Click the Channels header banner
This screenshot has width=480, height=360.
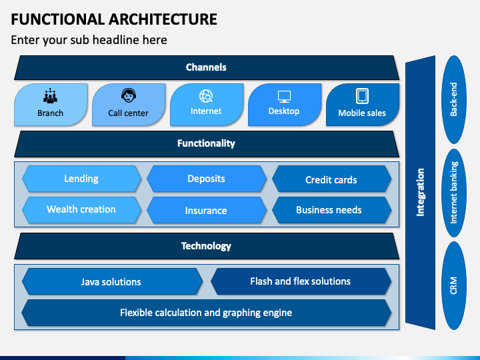click(207, 67)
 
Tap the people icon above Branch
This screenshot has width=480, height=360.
click(50, 95)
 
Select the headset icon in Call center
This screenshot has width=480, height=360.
click(129, 95)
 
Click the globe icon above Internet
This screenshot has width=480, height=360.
click(206, 96)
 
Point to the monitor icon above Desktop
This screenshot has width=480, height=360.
click(284, 97)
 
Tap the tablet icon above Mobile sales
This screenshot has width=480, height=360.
click(362, 96)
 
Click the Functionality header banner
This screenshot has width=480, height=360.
click(207, 144)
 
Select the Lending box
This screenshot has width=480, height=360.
click(81, 179)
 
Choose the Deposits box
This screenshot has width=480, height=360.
click(206, 179)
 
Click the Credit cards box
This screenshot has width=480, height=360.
click(331, 179)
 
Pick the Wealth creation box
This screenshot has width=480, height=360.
click(81, 210)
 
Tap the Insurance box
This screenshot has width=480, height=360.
click(206, 210)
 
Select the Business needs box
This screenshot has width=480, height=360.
click(331, 210)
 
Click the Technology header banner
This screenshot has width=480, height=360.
click(207, 246)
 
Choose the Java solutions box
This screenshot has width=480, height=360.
click(112, 281)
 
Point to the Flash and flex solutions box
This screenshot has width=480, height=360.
click(301, 281)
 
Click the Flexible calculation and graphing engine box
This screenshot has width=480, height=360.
click(206, 313)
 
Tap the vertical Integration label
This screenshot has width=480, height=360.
click(420, 192)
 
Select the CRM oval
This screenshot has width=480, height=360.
click(454, 285)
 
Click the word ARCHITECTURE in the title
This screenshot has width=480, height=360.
click(163, 19)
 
